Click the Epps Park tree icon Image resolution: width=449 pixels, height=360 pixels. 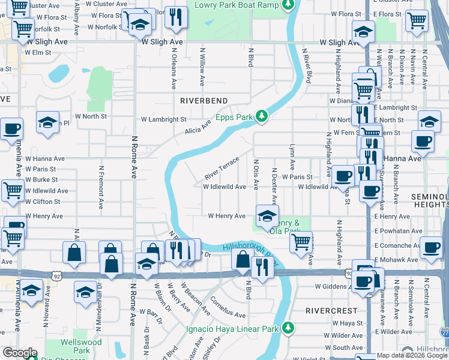coord(261,115)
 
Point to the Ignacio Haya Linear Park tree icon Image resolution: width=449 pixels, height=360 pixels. coord(289,328)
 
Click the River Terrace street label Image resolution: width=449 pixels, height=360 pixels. coord(221,168)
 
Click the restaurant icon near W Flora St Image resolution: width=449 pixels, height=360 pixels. coord(175,16)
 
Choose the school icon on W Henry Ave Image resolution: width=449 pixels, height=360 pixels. coord(267,215)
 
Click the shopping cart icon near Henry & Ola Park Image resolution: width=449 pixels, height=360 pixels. coord(301,241)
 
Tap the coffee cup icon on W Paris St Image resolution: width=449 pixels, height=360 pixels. coord(343,176)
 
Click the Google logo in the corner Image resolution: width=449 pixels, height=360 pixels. coord(20,353)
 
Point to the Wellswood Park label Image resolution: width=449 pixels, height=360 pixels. coord(75,346)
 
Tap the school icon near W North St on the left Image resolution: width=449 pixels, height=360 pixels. coord(47,122)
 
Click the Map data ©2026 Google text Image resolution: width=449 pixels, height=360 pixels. coord(412,355)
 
